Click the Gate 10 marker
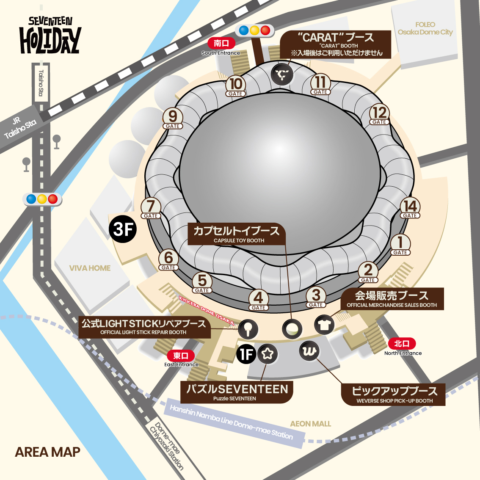pyautogui.click(x=236, y=86)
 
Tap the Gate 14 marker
pyautogui.click(x=410, y=208)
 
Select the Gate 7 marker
pyautogui.click(x=151, y=208)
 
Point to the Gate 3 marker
pyautogui.click(x=316, y=297)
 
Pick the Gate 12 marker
pyautogui.click(x=379, y=115)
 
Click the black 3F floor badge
pyautogui.click(x=123, y=229)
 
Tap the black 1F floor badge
pyautogui.click(x=246, y=354)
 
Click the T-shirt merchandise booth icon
pyautogui.click(x=325, y=325)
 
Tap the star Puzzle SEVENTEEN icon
pyautogui.click(x=268, y=353)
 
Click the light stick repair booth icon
pyautogui.click(x=248, y=328)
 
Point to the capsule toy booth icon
pyautogui.click(x=292, y=328)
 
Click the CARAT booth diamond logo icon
pyautogui.click(x=282, y=75)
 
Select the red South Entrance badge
pyautogui.click(x=221, y=43)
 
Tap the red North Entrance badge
pyautogui.click(x=402, y=343)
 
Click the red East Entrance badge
pyautogui.click(x=181, y=356)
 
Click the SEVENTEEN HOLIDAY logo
pyautogui.click(x=50, y=36)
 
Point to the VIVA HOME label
pyautogui.click(x=90, y=268)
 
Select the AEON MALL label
pyautogui.click(x=310, y=424)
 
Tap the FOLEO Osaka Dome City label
pyautogui.click(x=425, y=28)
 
